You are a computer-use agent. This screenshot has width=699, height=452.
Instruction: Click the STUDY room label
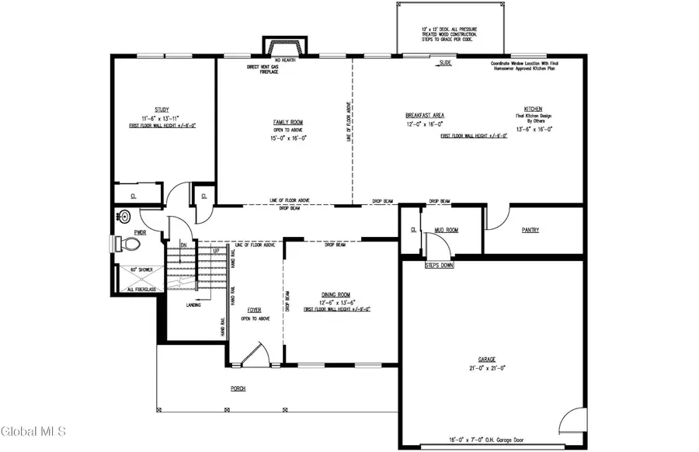coord(162,110)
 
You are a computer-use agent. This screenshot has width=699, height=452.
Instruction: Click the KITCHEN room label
coord(532,110)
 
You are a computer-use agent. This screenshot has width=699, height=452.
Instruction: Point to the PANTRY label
coord(530,230)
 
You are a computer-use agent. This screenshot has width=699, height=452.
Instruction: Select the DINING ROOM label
coord(337,294)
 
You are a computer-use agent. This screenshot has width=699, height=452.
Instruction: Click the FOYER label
coord(254,309)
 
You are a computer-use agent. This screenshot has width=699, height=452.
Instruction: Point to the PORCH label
coord(238,388)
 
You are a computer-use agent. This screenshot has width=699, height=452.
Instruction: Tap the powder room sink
coord(122,217)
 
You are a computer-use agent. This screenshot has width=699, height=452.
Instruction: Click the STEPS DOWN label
coord(439,266)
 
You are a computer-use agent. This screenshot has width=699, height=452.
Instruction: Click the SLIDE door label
coord(445,62)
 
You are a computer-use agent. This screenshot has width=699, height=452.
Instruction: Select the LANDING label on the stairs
coord(194,304)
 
